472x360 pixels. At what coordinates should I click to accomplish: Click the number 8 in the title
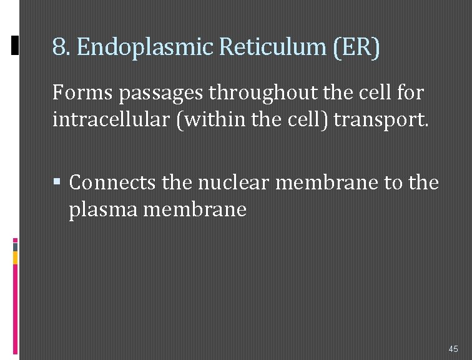(59, 47)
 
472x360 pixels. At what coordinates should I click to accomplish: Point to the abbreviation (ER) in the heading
(356, 47)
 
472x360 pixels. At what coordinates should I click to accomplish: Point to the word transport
(381, 119)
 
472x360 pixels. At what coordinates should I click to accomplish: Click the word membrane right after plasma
(195, 209)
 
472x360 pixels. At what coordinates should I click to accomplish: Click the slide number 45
(453, 349)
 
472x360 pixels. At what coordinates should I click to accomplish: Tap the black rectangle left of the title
(16, 45)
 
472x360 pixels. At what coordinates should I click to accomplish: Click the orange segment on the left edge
(16, 257)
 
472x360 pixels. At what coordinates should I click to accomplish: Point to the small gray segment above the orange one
(16, 247)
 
